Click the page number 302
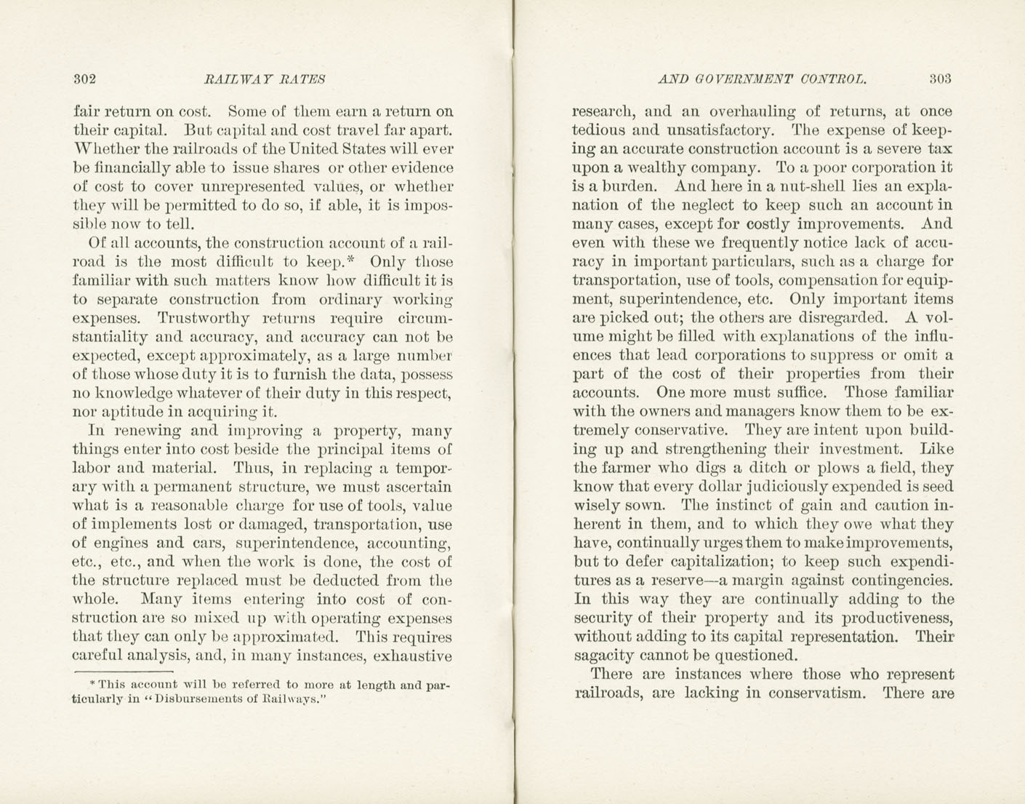[85, 79]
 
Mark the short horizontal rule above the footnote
[123, 671]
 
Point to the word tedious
[603, 131]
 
